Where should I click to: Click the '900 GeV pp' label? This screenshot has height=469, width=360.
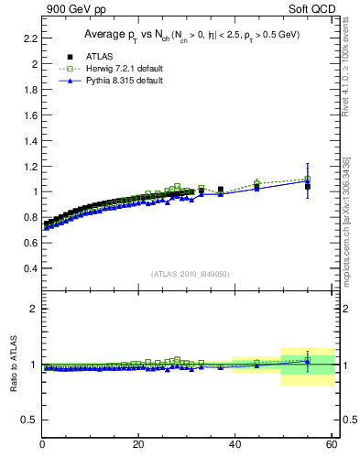(x=71, y=10)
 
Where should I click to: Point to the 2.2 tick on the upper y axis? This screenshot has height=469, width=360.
(x=27, y=38)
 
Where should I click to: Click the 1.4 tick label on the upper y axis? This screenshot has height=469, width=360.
(x=27, y=141)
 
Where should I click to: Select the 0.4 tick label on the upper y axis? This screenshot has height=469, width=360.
(x=27, y=268)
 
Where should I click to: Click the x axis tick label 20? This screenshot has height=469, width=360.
(x=138, y=445)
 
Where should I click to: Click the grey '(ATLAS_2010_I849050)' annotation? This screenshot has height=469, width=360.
(x=191, y=273)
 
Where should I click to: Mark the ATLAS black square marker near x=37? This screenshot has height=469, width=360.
(x=221, y=190)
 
